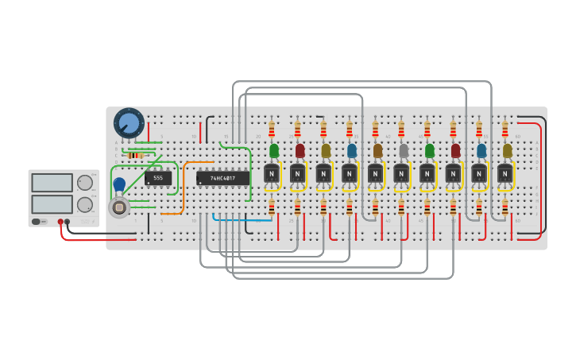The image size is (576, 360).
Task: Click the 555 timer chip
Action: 157,178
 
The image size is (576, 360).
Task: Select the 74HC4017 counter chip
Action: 223,178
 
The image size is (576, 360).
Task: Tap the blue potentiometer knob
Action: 129,123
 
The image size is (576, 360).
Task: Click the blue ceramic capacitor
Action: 119,184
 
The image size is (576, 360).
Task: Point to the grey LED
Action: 404,150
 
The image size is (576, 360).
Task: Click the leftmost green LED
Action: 274,150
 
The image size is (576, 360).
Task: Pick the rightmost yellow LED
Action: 507,150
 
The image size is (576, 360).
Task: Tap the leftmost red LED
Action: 300,150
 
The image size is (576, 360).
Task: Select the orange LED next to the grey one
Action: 377,150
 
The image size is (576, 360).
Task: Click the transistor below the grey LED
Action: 401,173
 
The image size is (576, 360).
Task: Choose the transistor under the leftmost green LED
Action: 272,173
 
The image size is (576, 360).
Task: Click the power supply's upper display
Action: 52,182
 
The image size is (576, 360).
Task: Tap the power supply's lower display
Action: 52,203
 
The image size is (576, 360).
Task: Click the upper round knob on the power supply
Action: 84,182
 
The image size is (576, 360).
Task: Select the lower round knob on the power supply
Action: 84,204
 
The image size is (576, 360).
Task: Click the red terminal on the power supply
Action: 60,222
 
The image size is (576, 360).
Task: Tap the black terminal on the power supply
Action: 68,222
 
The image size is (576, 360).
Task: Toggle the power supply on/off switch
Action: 37,221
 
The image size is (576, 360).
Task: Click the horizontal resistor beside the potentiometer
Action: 135,155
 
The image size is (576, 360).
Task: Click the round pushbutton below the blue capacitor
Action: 119,207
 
